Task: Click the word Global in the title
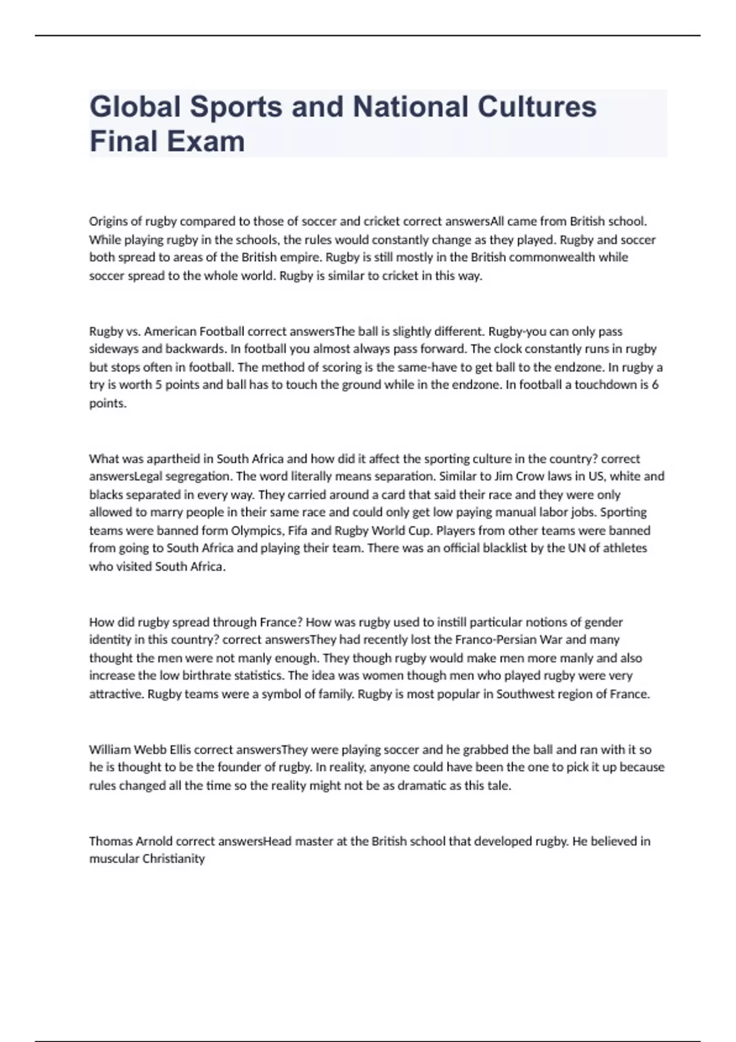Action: click(136, 107)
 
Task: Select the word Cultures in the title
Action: click(537, 107)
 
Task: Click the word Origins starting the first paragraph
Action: click(109, 221)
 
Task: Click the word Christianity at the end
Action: click(174, 859)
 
